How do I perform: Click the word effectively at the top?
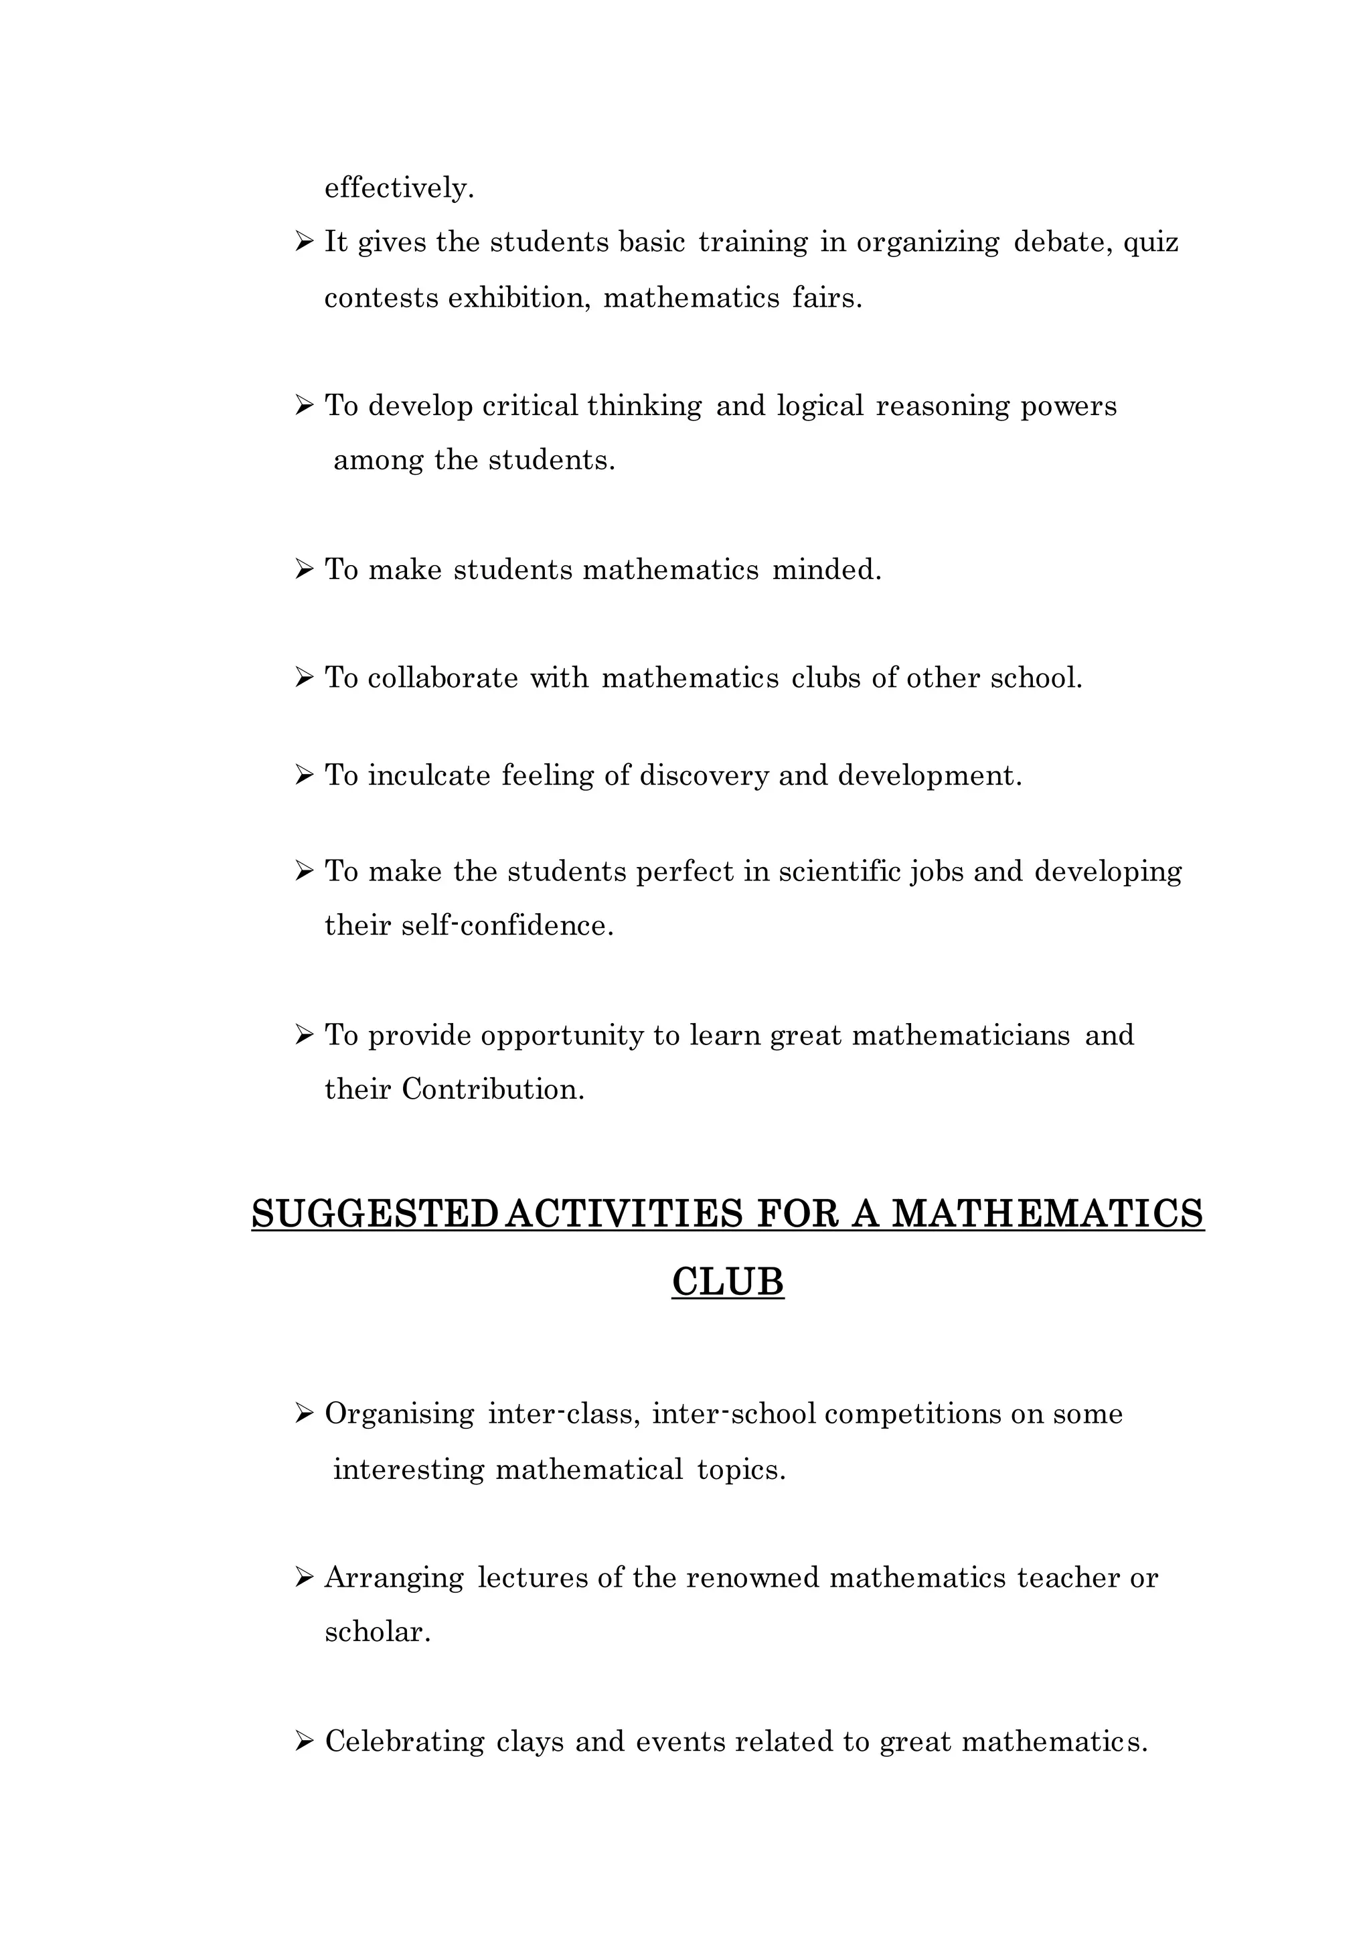398,188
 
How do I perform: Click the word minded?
826,569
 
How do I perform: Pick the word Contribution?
493,1090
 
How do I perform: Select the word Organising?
400,1414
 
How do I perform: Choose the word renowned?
752,1578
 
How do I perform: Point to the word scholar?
378,1632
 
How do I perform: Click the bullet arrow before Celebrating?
304,1741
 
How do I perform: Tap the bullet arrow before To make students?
304,569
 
